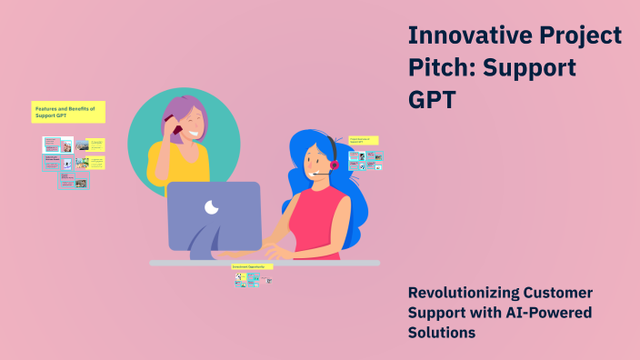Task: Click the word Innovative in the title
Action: tap(464, 35)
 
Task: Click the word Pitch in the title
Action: tap(439, 67)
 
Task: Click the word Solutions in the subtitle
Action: tap(441, 333)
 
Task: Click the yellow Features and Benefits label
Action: tap(68, 112)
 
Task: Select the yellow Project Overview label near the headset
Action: tap(364, 141)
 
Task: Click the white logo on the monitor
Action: tap(212, 207)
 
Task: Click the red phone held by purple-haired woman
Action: tap(176, 130)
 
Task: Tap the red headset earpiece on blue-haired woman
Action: tap(334, 165)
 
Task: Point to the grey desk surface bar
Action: tap(345, 263)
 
